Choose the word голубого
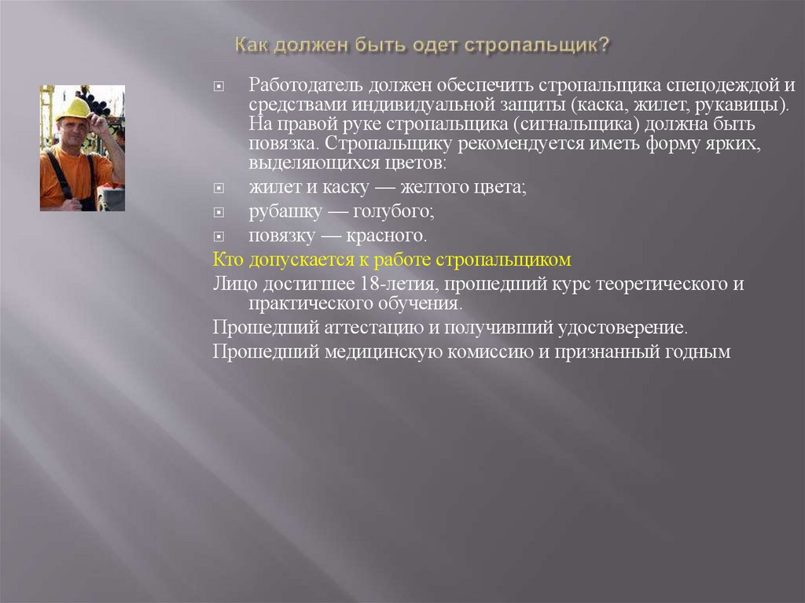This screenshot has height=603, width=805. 393,211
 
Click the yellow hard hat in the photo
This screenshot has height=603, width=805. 74,108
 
